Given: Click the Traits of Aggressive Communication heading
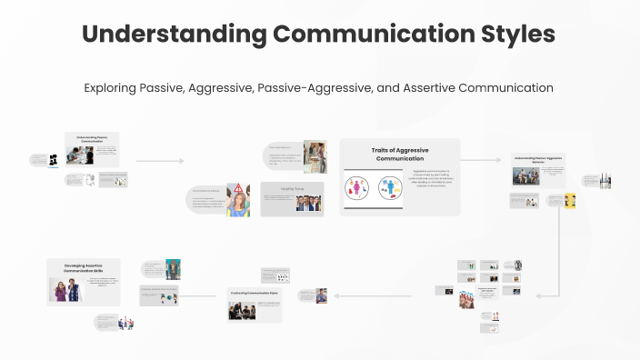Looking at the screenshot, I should [x=400, y=154].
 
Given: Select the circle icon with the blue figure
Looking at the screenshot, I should [x=391, y=189].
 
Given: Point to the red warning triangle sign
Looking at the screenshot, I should [x=239, y=189].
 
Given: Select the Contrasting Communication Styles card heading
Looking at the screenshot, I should [x=254, y=293].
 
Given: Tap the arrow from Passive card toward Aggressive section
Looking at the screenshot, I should [x=160, y=161].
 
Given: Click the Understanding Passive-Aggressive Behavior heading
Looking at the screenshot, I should [x=537, y=159].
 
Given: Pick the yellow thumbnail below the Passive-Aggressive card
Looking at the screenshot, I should [x=570, y=201].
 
